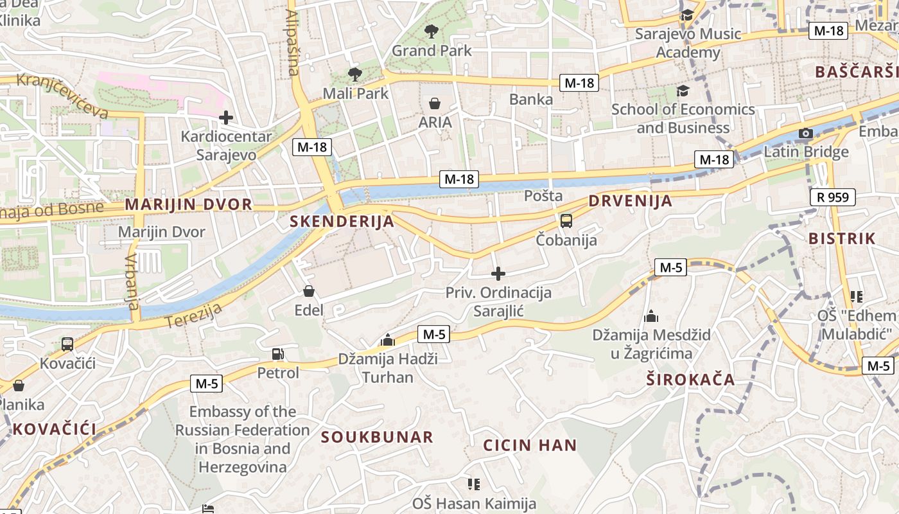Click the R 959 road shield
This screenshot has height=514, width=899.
[x=833, y=197]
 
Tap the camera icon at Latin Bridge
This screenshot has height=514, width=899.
[x=806, y=134]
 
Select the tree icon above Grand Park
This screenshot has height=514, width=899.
[x=432, y=31]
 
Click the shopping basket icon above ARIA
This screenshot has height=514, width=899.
[x=435, y=103]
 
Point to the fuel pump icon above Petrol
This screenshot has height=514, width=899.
[x=278, y=353]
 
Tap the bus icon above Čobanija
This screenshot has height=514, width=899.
[x=566, y=221]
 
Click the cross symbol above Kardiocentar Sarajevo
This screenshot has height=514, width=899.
[x=225, y=118]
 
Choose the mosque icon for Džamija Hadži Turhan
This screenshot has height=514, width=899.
[x=387, y=340]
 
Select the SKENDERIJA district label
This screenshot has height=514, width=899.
[x=342, y=222]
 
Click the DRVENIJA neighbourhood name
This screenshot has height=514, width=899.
[x=631, y=201]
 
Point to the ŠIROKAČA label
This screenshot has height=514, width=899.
[x=690, y=379]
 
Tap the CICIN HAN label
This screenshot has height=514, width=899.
[x=530, y=445]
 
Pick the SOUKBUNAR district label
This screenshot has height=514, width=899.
[x=377, y=438]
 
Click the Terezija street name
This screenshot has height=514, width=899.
[x=193, y=315]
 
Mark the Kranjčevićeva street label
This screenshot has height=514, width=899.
[x=62, y=96]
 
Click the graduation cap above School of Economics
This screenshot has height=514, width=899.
[x=683, y=91]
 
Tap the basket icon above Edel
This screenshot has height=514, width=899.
[x=309, y=292]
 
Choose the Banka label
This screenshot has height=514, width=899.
[x=531, y=99]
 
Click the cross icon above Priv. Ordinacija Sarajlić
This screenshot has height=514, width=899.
[x=498, y=274]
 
